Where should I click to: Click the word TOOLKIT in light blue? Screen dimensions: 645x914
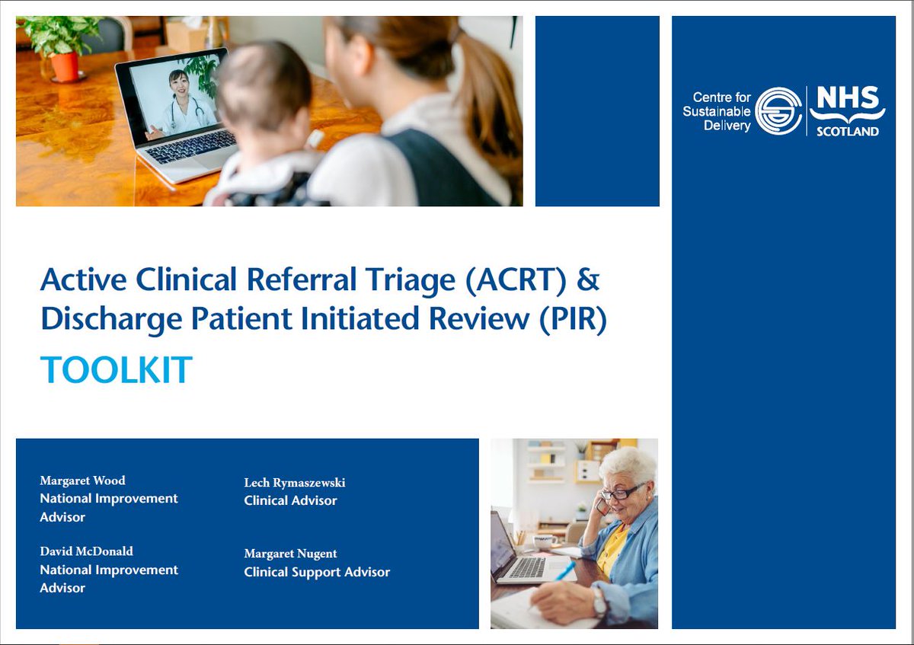tap(116, 371)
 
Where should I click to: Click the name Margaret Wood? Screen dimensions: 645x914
tap(82, 481)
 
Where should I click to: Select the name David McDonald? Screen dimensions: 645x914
tap(86, 551)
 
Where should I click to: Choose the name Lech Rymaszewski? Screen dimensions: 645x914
tap(294, 483)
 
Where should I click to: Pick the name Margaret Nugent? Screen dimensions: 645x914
tap(290, 554)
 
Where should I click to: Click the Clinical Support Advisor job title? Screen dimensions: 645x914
tap(317, 572)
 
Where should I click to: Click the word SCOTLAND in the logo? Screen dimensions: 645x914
tap(847, 131)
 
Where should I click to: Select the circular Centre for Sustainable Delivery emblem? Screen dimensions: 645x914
tap(779, 111)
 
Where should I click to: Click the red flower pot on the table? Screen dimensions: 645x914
tap(65, 65)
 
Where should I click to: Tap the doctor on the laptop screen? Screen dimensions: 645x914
tap(181, 103)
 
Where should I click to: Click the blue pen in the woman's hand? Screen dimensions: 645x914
tap(564, 572)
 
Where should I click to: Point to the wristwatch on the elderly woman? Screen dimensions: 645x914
tap(599, 602)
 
